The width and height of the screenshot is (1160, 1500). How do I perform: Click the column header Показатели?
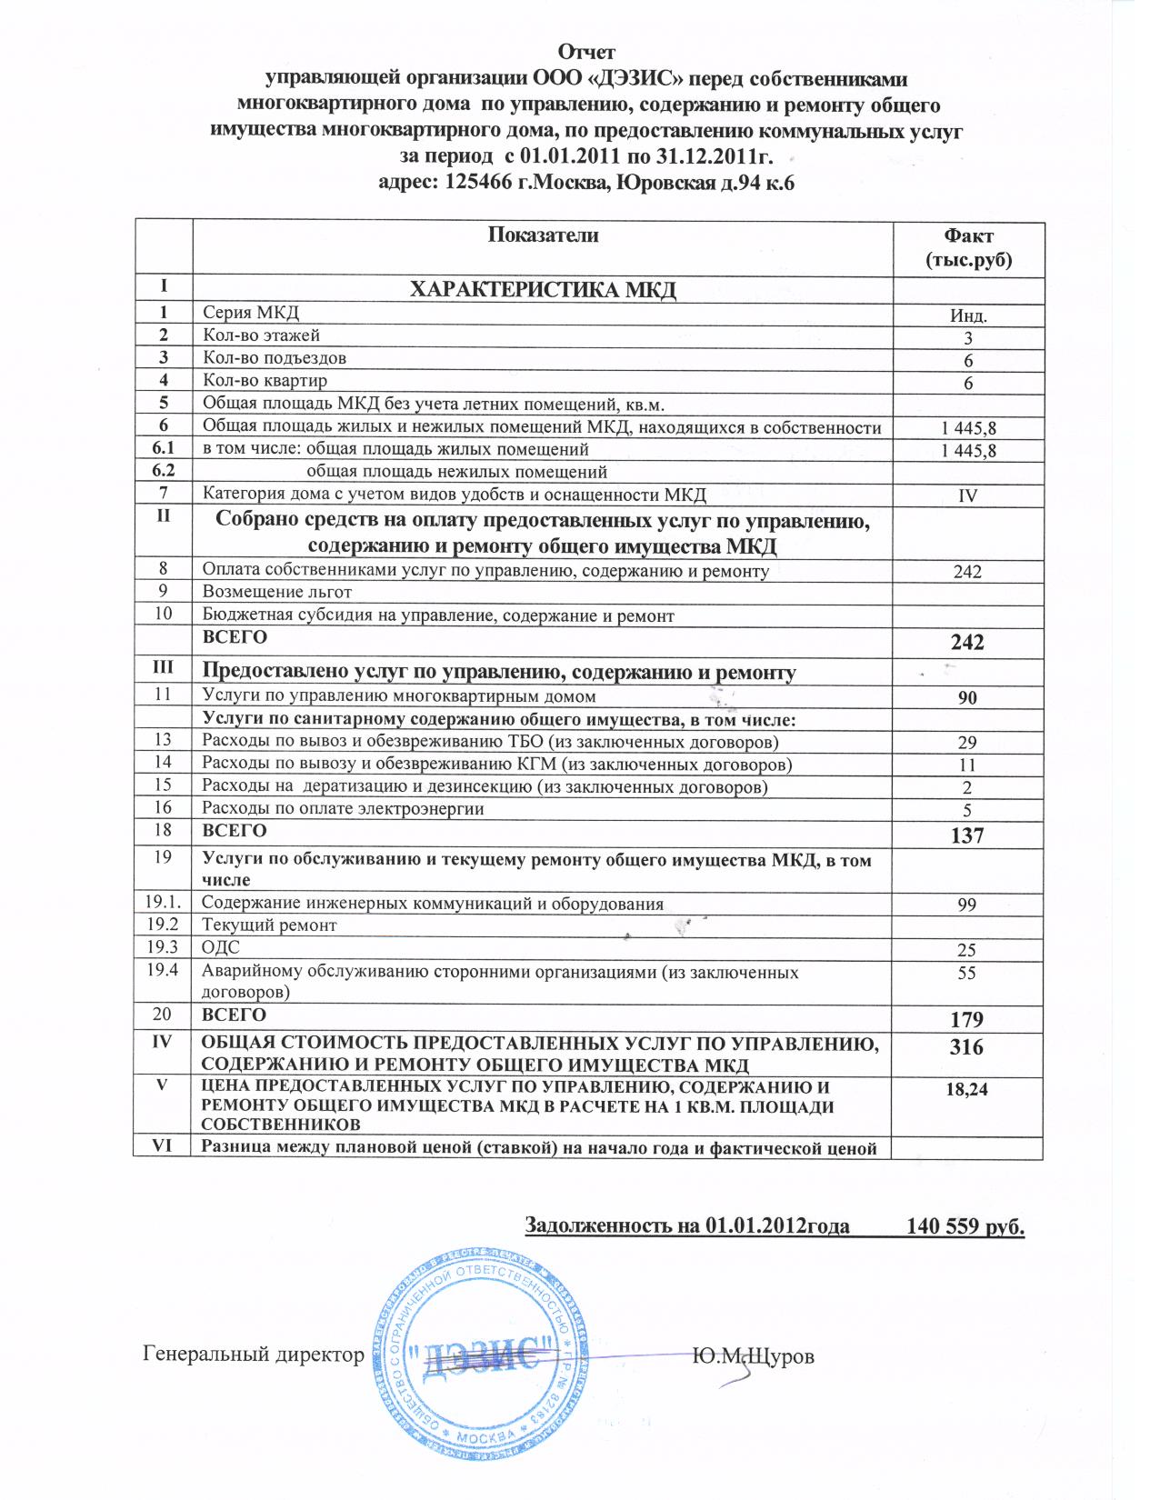click(x=544, y=235)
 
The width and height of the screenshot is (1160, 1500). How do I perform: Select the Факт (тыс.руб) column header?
click(x=968, y=248)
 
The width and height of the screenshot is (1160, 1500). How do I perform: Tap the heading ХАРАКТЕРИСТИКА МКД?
click(x=543, y=290)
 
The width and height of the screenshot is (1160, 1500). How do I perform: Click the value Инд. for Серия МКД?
click(x=968, y=316)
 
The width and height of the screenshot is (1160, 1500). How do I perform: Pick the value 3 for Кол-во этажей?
click(x=968, y=339)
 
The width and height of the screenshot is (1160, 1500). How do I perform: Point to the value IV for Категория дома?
click(x=968, y=496)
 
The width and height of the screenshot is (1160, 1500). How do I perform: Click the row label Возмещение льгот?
click(x=277, y=592)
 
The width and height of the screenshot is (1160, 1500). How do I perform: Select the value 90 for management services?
click(x=967, y=698)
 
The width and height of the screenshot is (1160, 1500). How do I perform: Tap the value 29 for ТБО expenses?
click(x=967, y=743)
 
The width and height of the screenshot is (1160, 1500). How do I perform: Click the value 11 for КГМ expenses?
click(x=967, y=765)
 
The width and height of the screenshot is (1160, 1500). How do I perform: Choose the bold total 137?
click(x=967, y=835)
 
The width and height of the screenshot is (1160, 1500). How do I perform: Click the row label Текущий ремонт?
click(x=269, y=925)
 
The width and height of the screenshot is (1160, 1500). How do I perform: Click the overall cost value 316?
click(x=966, y=1047)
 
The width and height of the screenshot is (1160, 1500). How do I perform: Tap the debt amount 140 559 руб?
click(x=965, y=1226)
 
